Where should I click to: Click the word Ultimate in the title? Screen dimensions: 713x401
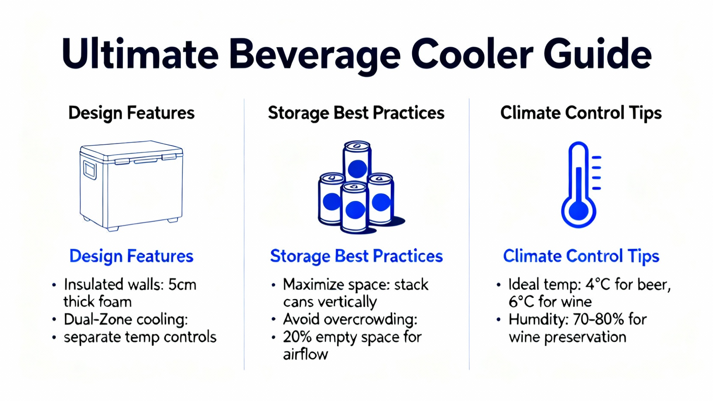click(x=140, y=54)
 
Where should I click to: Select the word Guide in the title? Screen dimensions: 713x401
click(x=597, y=54)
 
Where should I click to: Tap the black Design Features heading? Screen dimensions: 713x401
click(x=131, y=113)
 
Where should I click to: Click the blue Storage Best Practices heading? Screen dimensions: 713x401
click(x=356, y=256)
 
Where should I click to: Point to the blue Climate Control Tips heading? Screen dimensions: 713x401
click(x=581, y=256)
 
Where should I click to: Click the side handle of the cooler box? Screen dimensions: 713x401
click(x=90, y=170)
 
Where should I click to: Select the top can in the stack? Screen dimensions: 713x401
click(x=357, y=161)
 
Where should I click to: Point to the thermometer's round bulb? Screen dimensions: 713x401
click(x=578, y=212)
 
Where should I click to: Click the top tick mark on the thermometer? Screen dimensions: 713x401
click(x=596, y=157)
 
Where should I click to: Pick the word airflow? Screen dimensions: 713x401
click(x=305, y=355)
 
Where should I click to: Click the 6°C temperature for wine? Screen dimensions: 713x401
click(x=521, y=302)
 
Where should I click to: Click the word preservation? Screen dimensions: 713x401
click(x=585, y=337)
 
